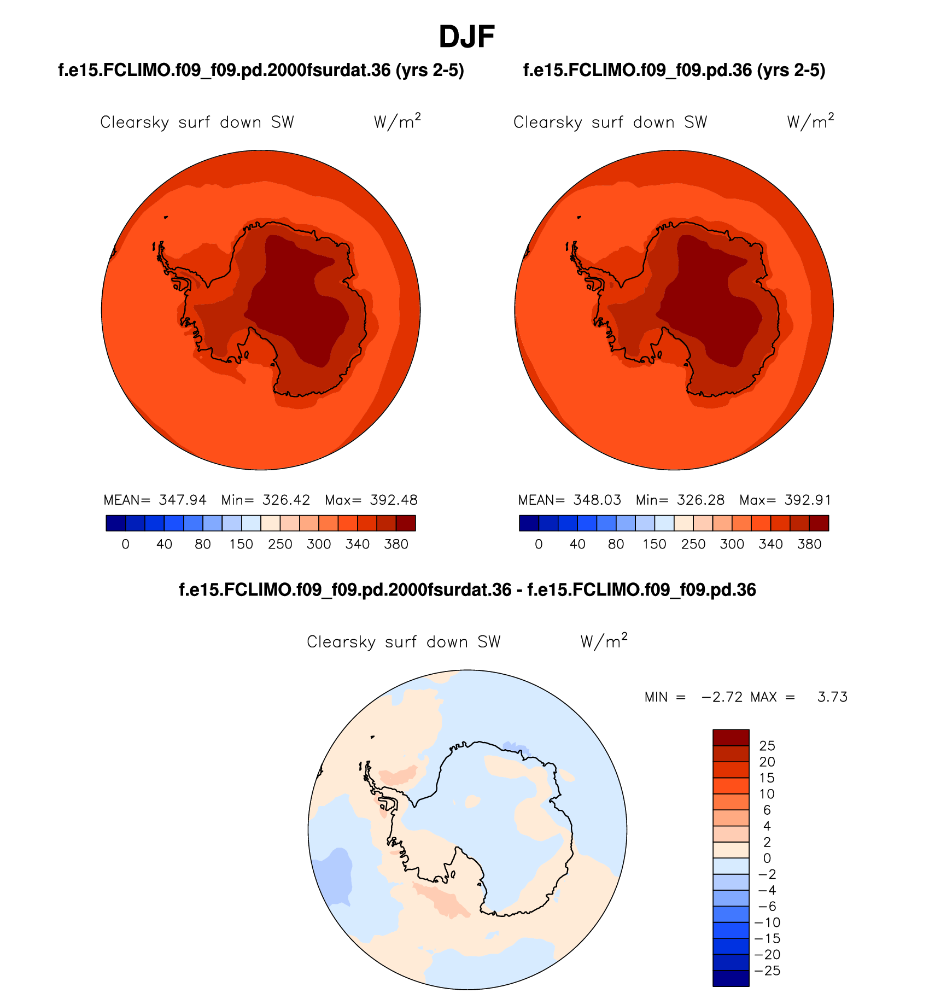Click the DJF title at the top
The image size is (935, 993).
tap(466, 37)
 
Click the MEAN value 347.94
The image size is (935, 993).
tap(183, 500)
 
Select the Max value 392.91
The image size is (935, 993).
tap(808, 500)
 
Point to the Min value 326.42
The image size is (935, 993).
tap(286, 500)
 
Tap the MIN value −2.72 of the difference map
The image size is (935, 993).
tap(722, 697)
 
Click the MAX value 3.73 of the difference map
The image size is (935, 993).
tap(832, 697)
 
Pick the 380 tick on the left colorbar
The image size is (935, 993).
tap(396, 544)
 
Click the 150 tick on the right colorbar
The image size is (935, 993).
tap(654, 544)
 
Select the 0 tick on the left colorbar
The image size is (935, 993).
tap(126, 544)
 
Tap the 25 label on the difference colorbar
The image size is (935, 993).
tap(767, 746)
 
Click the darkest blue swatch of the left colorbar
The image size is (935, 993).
tap(116, 523)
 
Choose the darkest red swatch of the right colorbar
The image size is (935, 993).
tap(819, 523)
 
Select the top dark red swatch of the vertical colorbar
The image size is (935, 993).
tap(731, 738)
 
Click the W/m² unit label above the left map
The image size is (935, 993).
tap(397, 121)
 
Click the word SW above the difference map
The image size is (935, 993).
tap(489, 641)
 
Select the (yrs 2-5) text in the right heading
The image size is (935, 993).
tap(791, 70)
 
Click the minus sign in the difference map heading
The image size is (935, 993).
tap(519, 590)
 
